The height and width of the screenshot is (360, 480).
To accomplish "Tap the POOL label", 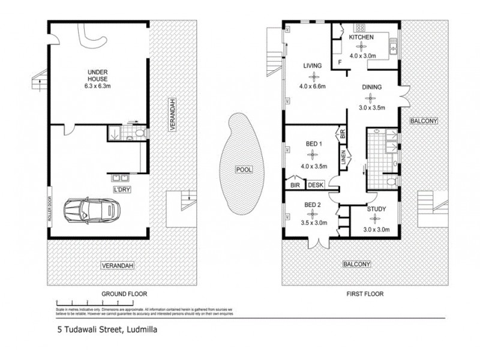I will (244, 170).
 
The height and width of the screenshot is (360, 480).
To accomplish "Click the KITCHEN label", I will (362, 37).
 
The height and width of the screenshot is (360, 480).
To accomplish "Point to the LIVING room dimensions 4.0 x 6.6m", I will (312, 86).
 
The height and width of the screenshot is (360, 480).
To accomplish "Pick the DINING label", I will (372, 87).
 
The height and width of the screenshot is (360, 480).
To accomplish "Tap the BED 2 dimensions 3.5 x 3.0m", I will (312, 222).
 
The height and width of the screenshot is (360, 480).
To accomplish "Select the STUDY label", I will (376, 209).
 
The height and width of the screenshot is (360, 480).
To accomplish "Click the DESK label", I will (316, 185).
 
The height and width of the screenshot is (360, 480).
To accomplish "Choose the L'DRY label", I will (122, 190).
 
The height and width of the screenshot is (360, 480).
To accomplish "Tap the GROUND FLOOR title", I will (124, 294).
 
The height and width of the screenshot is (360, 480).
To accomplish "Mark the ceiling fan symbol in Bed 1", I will (312, 152).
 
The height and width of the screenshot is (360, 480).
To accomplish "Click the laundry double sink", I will (118, 178).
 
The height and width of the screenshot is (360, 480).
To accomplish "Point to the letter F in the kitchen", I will (340, 62).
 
